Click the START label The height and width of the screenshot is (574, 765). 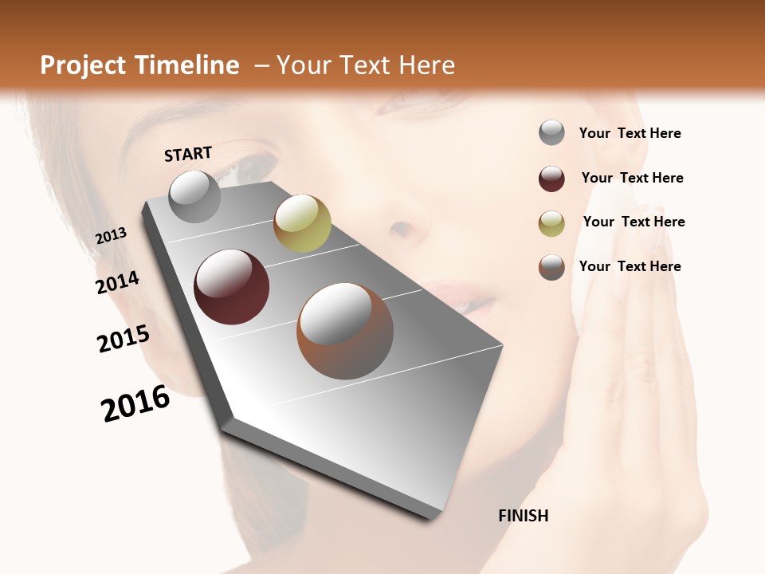coord(188,154)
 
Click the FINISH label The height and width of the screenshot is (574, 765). coord(523,516)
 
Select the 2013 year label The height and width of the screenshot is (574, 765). coord(111,236)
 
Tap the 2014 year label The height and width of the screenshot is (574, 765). coord(117,282)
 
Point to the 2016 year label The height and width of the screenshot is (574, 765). coord(135,403)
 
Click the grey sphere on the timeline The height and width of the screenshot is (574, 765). coord(194,196)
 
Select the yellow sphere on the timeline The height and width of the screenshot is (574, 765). coord(302,222)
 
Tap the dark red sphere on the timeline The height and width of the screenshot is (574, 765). coord(231,287)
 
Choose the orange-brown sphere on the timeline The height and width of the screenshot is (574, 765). coord(345,331)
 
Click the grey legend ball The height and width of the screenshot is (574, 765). coord(551,133)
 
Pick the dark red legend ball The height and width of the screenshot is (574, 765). coord(551,179)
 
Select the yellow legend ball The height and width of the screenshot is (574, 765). coord(551,223)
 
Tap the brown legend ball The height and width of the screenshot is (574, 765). coord(551,267)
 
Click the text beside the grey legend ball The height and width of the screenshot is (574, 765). coord(630,133)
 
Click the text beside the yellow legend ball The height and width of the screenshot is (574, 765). coord(634,222)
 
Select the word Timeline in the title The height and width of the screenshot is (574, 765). coord(189,65)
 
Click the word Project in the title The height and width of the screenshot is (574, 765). coord(83,65)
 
